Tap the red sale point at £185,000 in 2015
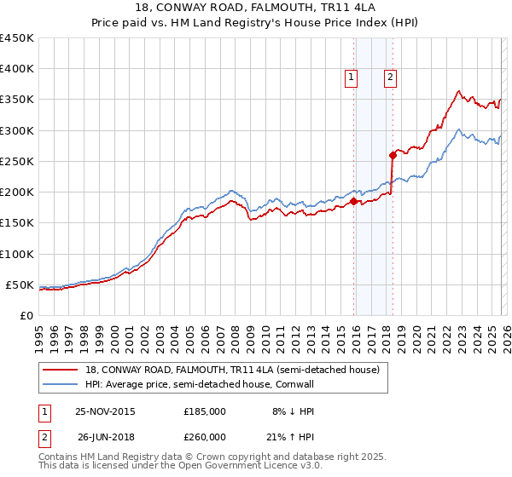click(353, 202)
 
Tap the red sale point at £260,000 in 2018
click(393, 155)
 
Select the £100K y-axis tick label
click(17, 254)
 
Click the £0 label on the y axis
click(27, 315)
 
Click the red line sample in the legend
click(61, 369)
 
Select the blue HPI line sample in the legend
click(61, 384)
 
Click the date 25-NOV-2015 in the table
click(105, 411)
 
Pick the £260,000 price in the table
click(205, 438)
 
